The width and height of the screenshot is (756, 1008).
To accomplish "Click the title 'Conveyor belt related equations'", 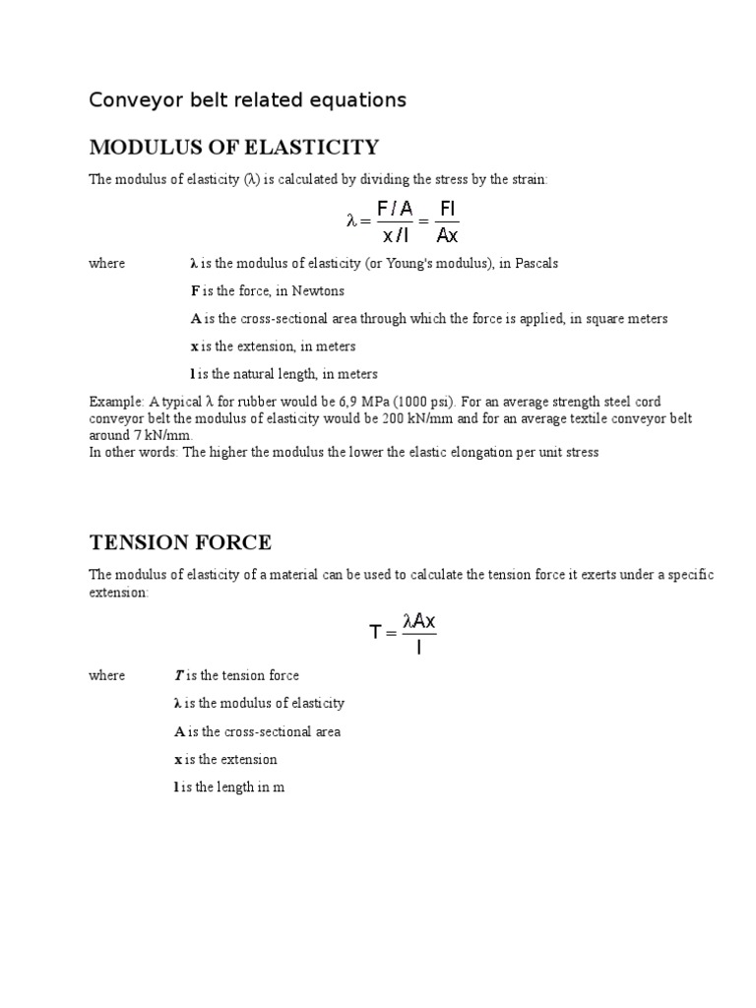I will click(x=247, y=100).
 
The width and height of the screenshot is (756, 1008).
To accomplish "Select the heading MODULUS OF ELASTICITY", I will click(x=233, y=148).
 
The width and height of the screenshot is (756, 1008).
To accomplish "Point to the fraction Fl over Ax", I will click(x=446, y=221).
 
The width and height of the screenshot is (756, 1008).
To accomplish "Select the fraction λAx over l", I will click(x=419, y=633).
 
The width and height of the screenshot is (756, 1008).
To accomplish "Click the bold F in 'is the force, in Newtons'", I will click(x=194, y=291).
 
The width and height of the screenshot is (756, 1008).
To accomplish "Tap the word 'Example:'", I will click(x=116, y=402).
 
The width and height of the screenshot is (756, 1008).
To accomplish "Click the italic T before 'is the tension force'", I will click(x=178, y=675).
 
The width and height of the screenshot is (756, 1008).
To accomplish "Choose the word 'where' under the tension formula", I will click(x=107, y=675).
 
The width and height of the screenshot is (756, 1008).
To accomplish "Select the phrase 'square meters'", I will click(x=628, y=319).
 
